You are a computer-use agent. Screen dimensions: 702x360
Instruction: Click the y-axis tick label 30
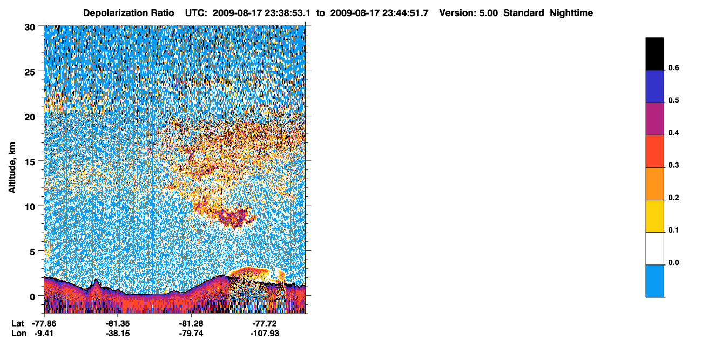pyautogui.click(x=30, y=28)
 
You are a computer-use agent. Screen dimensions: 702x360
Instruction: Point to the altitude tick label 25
pyautogui.click(x=30, y=72)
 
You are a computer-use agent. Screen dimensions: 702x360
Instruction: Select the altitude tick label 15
pyautogui.click(x=30, y=162)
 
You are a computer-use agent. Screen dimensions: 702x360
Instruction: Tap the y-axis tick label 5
pyautogui.click(x=32, y=252)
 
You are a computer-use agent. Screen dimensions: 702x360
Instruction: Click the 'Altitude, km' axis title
pyautogui.click(x=12, y=167)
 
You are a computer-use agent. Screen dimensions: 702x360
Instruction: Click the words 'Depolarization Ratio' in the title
pyautogui.click(x=129, y=13)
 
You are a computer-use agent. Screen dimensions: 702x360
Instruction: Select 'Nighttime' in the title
pyautogui.click(x=571, y=13)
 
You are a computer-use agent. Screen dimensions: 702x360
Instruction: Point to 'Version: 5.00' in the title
pyautogui.click(x=469, y=13)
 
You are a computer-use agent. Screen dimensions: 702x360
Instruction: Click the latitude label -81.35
pyautogui.click(x=118, y=323)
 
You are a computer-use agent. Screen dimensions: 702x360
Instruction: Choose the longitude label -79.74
pyautogui.click(x=191, y=333)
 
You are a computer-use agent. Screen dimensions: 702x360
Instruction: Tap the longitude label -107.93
pyautogui.click(x=265, y=333)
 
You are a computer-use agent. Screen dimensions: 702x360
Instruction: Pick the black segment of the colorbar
pyautogui.click(x=654, y=53)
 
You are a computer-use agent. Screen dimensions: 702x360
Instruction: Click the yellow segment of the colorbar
pyautogui.click(x=654, y=216)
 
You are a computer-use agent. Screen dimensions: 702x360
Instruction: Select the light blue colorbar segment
pyautogui.click(x=654, y=281)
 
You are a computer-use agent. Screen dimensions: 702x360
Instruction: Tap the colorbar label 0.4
pyautogui.click(x=673, y=133)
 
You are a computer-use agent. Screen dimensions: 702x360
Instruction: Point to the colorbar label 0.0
pyautogui.click(x=673, y=262)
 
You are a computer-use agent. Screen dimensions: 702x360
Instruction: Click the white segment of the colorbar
pyautogui.click(x=654, y=249)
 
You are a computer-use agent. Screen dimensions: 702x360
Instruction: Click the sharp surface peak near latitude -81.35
pyautogui.click(x=96, y=279)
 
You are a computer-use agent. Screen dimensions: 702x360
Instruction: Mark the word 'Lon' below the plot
pyautogui.click(x=19, y=333)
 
